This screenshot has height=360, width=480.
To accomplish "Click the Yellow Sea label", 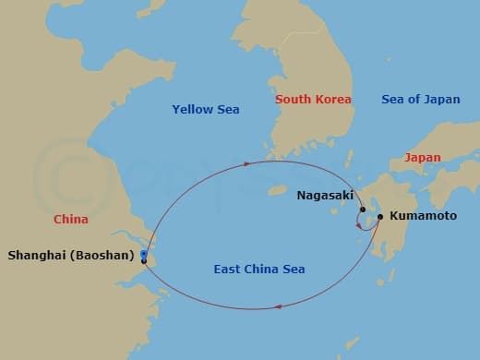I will (205, 110).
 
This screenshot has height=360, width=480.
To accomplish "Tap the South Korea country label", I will (312, 99).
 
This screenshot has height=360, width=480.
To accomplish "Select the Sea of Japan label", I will (420, 99).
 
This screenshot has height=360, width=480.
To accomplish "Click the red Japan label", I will (422, 158).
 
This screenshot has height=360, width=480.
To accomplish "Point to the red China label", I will (71, 220).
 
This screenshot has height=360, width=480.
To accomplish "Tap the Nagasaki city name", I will (323, 196).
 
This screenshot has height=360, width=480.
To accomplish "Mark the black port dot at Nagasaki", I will (362, 210).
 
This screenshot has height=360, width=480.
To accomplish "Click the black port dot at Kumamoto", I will (380, 217).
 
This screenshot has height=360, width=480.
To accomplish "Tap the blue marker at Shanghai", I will (144, 254).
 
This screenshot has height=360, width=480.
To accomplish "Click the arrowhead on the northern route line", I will (247, 163).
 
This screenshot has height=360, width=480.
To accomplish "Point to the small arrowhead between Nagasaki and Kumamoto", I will (359, 226).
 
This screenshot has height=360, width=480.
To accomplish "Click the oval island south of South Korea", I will (275, 190).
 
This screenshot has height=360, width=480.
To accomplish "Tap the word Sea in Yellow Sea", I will (227, 110).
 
